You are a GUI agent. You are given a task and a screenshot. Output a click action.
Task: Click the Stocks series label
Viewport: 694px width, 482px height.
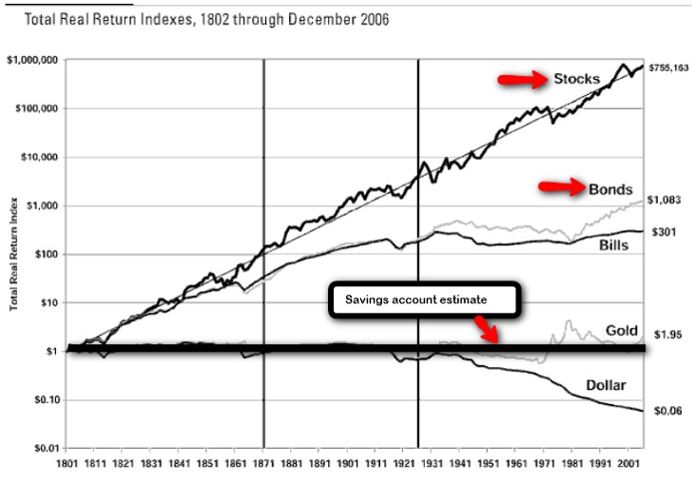tap(578, 79)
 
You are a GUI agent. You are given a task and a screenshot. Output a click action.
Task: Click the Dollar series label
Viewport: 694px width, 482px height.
tap(591, 386)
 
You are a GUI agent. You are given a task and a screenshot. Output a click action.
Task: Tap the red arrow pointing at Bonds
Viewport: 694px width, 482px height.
tap(562, 186)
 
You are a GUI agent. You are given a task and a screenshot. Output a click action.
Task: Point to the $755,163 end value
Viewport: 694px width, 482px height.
tap(667, 68)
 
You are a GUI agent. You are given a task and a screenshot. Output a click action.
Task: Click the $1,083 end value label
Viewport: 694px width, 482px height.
tap(667, 200)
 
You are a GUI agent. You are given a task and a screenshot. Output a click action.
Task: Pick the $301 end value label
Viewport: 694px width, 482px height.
tap(664, 231)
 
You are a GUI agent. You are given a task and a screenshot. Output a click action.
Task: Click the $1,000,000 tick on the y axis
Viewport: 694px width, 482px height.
tap(32, 60)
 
